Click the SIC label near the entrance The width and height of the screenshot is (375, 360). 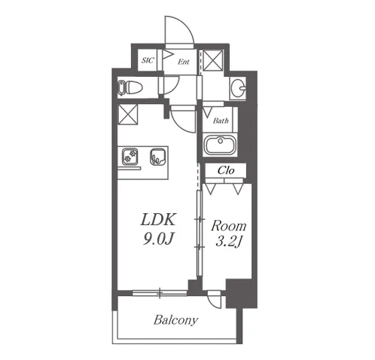pyautogui.click(x=148, y=60)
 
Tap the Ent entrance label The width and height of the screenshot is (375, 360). pyautogui.click(x=184, y=62)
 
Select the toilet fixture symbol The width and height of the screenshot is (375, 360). pyautogui.click(x=130, y=88)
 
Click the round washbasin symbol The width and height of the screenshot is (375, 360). pyautogui.click(x=238, y=88)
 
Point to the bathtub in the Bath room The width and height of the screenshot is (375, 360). pyautogui.click(x=221, y=145)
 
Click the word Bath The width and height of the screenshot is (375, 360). pyautogui.click(x=221, y=121)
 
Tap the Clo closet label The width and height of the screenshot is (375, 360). pyautogui.click(x=226, y=170)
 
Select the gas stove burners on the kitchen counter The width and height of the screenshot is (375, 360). pyautogui.click(x=130, y=157)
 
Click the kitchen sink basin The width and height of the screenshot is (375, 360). pyautogui.click(x=157, y=157)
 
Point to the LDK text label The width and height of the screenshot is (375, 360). pyautogui.click(x=158, y=220)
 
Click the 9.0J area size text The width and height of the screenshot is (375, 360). pyautogui.click(x=158, y=239)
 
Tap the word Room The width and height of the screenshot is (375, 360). pyautogui.click(x=229, y=226)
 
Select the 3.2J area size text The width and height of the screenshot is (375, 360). pyautogui.click(x=228, y=242)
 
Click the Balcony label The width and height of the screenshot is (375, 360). pyautogui.click(x=175, y=320)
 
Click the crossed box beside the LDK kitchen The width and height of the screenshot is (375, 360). pyautogui.click(x=128, y=114)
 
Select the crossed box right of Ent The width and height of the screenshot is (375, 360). pyautogui.click(x=213, y=60)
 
